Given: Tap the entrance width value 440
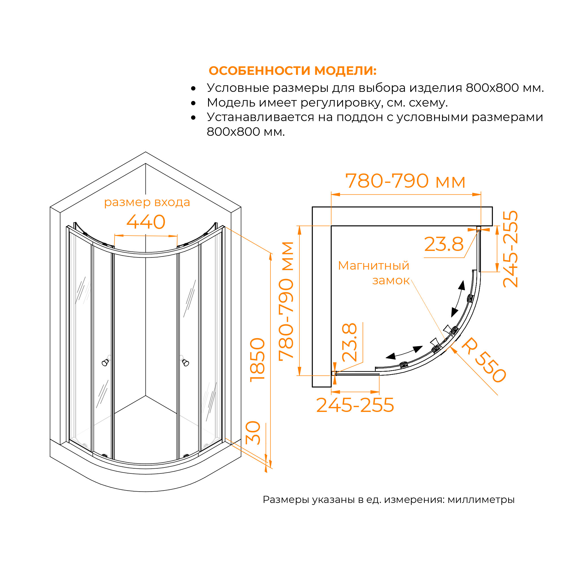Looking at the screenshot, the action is click(x=146, y=222).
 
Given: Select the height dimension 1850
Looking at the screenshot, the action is click(x=257, y=360).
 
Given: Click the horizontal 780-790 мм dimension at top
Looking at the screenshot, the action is click(x=405, y=181).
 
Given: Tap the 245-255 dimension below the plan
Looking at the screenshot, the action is click(x=355, y=405).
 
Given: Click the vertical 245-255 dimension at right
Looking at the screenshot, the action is click(x=510, y=249).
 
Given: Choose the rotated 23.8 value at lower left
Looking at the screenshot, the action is click(x=350, y=342).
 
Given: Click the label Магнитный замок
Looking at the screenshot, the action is click(x=374, y=273).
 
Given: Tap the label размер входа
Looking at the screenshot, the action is click(x=147, y=202).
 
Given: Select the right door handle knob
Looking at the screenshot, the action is click(x=185, y=363).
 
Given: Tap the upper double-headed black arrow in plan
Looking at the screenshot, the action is click(x=458, y=299).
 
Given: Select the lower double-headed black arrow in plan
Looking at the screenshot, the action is click(x=404, y=352).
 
